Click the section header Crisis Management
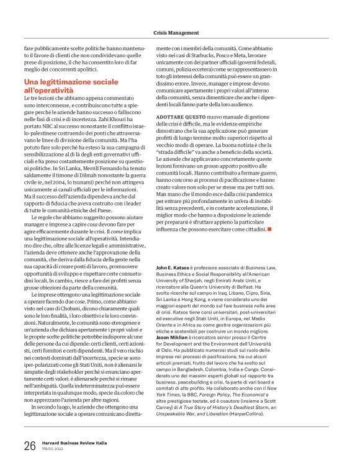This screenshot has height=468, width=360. (176, 32)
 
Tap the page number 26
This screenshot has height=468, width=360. (30, 446)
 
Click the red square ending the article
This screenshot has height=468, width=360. (269, 229)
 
